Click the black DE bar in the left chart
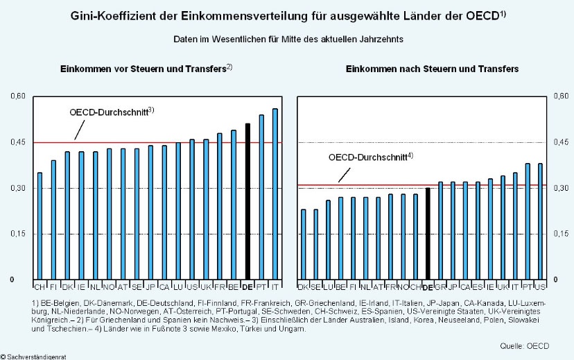coord(247,201)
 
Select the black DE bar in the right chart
coord(428,234)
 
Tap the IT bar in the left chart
coord(275,194)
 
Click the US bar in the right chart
coord(540,221)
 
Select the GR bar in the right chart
coord(440,231)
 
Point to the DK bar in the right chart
coord(303,244)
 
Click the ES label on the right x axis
coord(478,286)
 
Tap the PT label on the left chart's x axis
coord(261,286)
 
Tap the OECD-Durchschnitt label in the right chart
coord(370,157)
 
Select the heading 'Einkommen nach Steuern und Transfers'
coord(422,69)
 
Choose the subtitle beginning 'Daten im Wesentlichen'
coord(288,39)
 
